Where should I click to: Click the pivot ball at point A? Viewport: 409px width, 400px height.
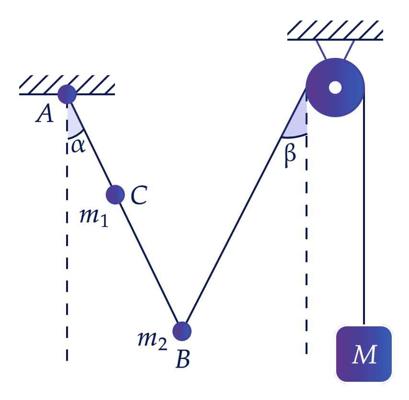point(67,94)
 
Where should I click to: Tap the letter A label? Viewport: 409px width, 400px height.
point(45,113)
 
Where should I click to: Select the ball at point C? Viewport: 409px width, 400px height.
point(115,195)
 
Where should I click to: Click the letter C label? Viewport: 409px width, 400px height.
point(139,195)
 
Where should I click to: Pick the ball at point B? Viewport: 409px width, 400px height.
point(182,331)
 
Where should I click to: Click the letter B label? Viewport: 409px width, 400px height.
point(183,359)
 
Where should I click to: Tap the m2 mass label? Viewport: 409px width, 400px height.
point(152,341)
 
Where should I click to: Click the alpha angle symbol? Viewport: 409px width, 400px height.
point(78,146)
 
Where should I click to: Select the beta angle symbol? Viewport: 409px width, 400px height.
point(290,156)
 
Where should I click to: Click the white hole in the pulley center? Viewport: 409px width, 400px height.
point(335,87)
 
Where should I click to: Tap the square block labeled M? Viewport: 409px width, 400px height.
point(364,354)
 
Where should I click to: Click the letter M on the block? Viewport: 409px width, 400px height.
point(364,355)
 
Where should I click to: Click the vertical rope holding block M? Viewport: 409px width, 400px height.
point(364,206)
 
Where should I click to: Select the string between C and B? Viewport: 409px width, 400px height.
point(148,263)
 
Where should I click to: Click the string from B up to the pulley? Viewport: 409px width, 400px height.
point(246,206)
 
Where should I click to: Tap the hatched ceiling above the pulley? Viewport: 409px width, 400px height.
point(335,31)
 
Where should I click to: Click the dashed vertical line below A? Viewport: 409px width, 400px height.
point(67,232)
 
